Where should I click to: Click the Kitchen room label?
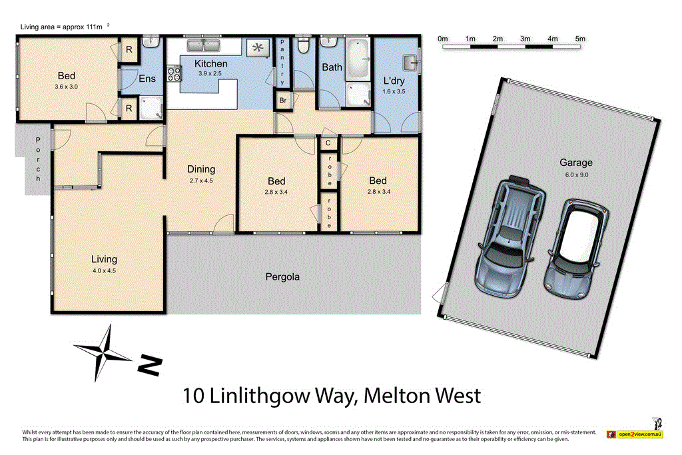[210, 64]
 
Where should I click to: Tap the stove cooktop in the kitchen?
[174, 72]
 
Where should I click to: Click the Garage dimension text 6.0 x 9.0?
[576, 175]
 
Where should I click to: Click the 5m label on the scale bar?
[579, 39]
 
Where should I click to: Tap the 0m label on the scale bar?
[443, 39]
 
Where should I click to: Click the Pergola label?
[282, 276]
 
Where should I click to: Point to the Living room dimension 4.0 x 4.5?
[104, 270]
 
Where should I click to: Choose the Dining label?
[200, 169]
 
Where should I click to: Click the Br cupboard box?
[282, 101]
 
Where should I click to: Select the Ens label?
[147, 79]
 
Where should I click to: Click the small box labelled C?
[328, 143]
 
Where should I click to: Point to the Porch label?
[39, 160]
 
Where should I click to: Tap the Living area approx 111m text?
[62, 27]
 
